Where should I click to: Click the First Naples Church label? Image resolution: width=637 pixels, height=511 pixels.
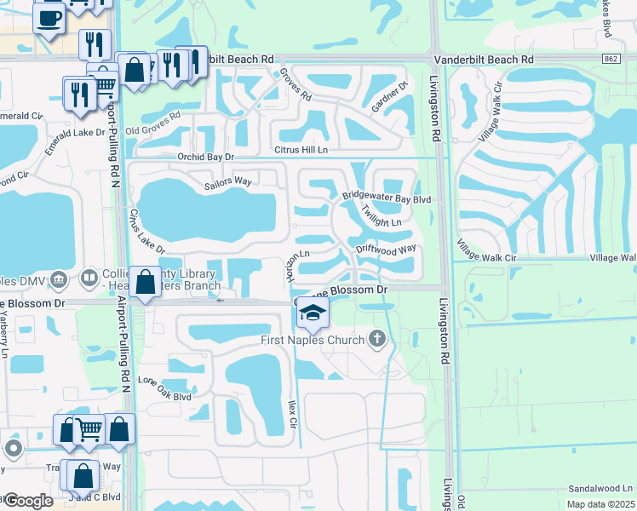pyautogui.click(x=313, y=341)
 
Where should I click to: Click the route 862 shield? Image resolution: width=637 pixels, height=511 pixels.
pyautogui.click(x=610, y=59)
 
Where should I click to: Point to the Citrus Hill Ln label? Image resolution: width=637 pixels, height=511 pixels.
pyautogui.click(x=300, y=150)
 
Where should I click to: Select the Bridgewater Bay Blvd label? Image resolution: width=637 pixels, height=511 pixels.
pyautogui.click(x=387, y=197)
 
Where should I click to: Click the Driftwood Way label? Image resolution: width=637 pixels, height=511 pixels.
pyautogui.click(x=386, y=249)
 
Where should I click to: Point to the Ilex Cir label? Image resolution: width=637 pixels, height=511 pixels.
pyautogui.click(x=291, y=416)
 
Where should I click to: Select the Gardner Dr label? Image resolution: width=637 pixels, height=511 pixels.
pyautogui.click(x=391, y=104)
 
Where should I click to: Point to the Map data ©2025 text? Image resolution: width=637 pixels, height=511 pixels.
pyautogui.click(x=600, y=504)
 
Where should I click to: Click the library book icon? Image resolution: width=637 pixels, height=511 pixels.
pyautogui.click(x=89, y=278)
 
